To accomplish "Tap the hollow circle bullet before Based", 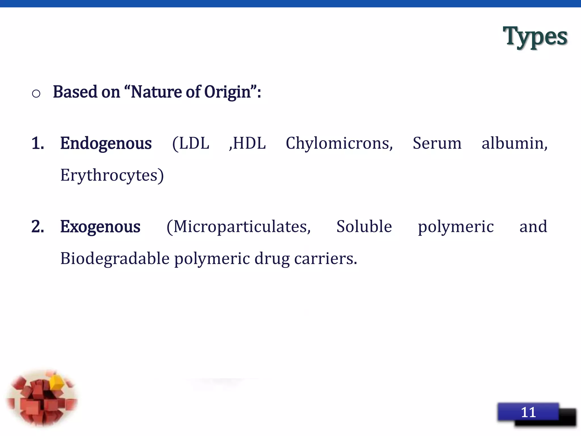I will [36, 93].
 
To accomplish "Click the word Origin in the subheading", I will [228, 92].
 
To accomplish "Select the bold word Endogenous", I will [106, 143].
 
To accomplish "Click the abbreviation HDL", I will [249, 143].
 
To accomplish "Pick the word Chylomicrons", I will [339, 143].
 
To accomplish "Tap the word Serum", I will [437, 143].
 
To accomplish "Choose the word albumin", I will [514, 143].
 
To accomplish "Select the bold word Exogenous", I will [100, 227].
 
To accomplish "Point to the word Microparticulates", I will [241, 227].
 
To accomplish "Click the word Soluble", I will [364, 227].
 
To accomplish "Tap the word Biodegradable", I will [115, 259].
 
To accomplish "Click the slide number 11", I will [528, 412].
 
